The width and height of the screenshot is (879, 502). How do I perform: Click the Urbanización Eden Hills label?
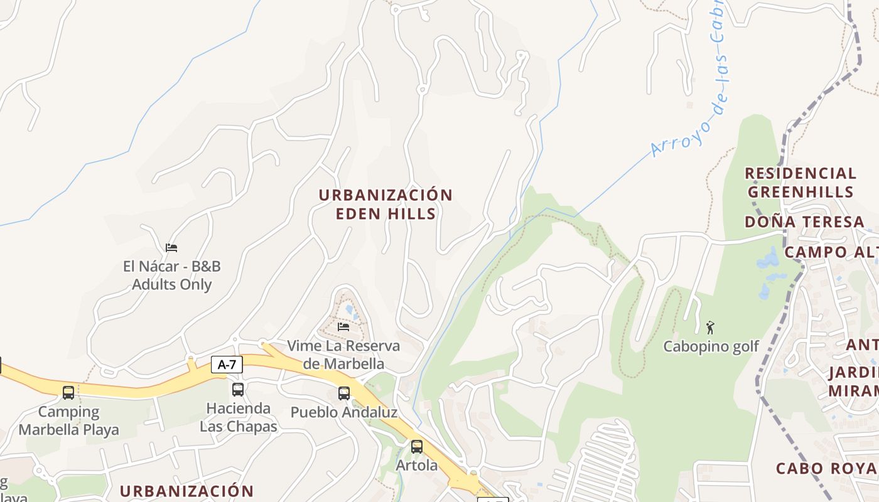(386, 204)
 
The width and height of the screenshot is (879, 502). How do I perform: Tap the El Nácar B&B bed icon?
(171, 248)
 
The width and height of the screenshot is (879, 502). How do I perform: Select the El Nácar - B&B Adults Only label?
(172, 275)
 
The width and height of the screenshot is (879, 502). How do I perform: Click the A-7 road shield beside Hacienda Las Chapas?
(227, 365)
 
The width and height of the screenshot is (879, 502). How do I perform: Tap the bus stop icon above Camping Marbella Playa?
(68, 393)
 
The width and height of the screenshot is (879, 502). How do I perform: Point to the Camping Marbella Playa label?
(68, 421)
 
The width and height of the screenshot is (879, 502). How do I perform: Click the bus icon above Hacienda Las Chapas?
(238, 390)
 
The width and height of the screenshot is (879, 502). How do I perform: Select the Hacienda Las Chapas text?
(239, 418)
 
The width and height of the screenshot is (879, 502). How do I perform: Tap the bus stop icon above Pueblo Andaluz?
(344, 393)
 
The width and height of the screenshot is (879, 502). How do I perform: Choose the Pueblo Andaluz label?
(344, 413)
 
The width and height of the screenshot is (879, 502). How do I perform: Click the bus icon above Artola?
(417, 447)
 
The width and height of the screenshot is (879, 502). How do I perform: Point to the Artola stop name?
(417, 466)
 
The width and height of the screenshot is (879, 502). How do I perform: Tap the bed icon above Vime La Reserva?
(343, 326)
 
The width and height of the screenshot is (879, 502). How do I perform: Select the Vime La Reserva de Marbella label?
(343, 355)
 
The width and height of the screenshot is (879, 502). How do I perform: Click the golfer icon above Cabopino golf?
(711, 328)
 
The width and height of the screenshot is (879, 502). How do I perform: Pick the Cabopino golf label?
(711, 346)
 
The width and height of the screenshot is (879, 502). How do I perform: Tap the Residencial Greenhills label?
(801, 183)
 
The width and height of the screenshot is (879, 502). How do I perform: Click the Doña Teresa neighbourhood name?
(804, 222)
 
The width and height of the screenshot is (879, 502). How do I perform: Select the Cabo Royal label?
(826, 469)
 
